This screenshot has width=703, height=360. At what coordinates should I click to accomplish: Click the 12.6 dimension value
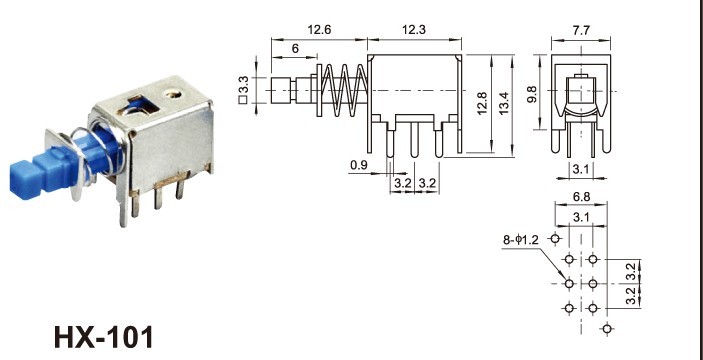(320, 31)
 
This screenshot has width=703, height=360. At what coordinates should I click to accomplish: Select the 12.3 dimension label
(413, 31)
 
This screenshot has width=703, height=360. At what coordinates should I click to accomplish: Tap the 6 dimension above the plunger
(295, 49)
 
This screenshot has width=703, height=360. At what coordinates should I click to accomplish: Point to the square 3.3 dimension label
(244, 91)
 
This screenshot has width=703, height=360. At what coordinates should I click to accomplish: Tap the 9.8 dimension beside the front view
(535, 95)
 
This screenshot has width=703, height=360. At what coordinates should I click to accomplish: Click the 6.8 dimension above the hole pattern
(581, 198)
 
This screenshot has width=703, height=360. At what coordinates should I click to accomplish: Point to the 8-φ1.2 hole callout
(523, 240)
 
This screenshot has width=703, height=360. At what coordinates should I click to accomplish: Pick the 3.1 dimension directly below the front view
(580, 168)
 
